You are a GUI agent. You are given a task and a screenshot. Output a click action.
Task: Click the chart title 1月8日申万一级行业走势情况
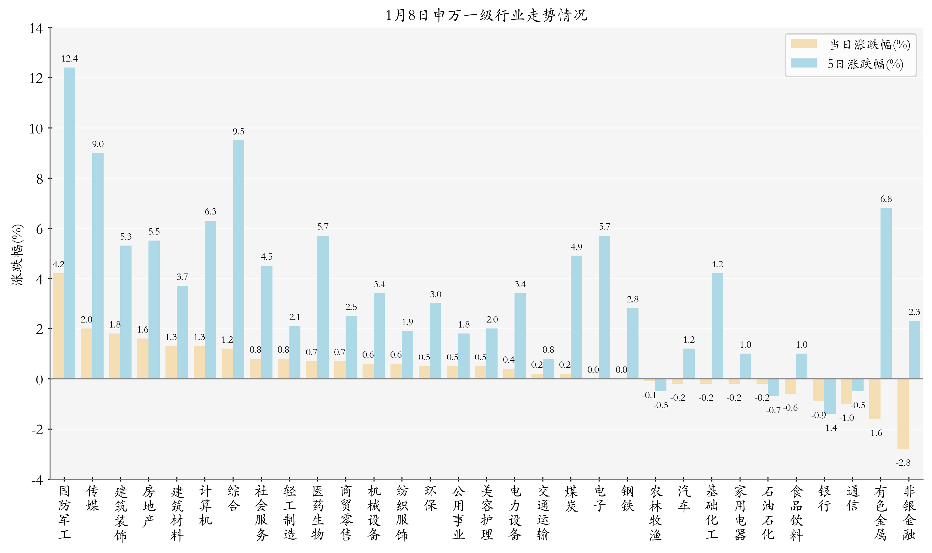[x=486, y=15]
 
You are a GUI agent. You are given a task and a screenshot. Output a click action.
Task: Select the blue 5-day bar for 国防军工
[x=70, y=224]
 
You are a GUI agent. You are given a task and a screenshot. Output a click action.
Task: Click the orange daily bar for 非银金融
[x=902, y=414]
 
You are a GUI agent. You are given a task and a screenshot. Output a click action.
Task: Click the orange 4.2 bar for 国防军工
[x=58, y=326]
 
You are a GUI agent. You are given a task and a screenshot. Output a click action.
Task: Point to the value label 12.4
[x=70, y=58]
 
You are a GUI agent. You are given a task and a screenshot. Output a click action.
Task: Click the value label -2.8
[x=902, y=463]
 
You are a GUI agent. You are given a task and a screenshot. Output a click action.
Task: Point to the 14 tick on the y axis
[x=36, y=28]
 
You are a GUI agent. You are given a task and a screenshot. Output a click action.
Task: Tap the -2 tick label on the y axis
[x=38, y=430]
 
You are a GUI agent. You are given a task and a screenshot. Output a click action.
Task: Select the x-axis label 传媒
[x=92, y=498]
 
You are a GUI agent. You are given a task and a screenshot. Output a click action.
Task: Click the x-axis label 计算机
[x=205, y=505]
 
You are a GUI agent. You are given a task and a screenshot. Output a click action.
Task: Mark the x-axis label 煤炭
[x=571, y=498]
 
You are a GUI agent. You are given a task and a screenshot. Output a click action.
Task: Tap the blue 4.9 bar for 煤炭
[x=576, y=317]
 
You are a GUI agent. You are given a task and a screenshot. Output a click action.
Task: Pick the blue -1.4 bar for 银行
[x=830, y=396]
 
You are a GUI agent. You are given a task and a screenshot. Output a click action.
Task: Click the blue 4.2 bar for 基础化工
[x=717, y=326]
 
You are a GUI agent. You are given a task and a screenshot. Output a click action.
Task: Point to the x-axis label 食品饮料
[x=796, y=513]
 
